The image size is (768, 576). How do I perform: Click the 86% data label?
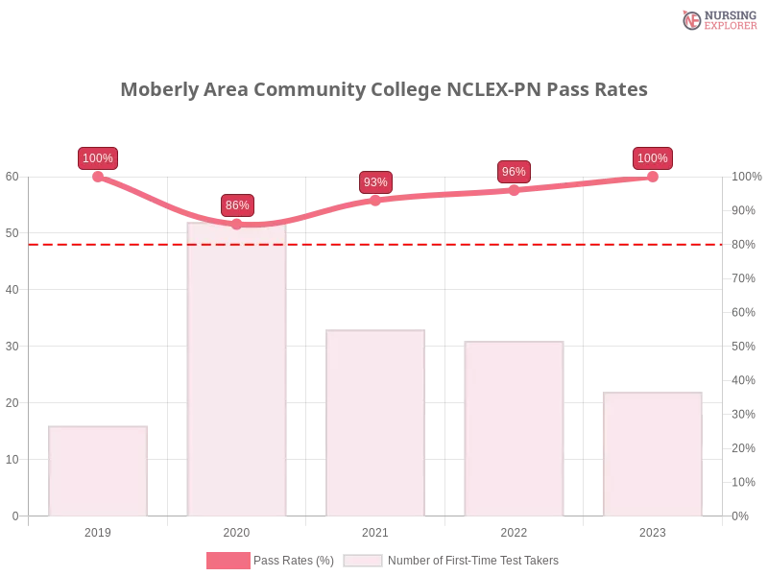[236, 205]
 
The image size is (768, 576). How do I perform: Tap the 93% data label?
[375, 182]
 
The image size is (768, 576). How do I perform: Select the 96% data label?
[514, 172]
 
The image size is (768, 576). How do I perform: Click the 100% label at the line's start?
[98, 158]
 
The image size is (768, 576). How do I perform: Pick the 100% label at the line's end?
[653, 158]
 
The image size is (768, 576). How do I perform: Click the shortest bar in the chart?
[100, 470]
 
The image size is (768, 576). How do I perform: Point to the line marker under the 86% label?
[237, 225]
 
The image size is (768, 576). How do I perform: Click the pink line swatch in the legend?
[228, 561]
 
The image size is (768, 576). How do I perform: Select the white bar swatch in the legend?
[363, 561]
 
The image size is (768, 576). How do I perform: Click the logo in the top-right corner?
[717, 19]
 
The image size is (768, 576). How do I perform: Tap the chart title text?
[384, 90]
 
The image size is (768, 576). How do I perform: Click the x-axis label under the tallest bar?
[237, 530]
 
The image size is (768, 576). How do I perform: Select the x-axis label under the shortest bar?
[100, 530]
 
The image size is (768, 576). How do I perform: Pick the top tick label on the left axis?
[12, 177]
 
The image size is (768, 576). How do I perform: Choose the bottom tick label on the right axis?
[740, 516]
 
